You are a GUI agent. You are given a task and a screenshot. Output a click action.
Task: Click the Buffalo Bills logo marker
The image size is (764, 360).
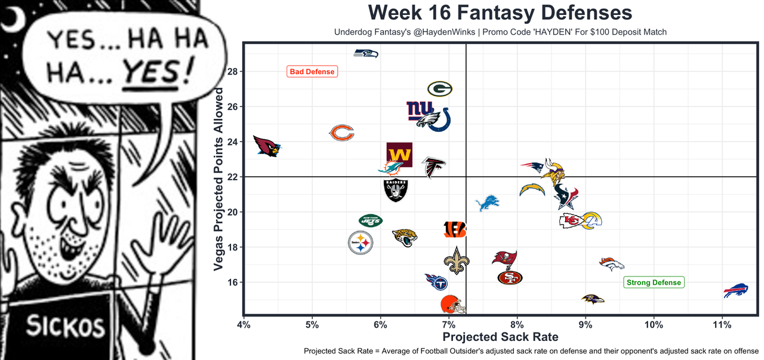tap(735, 291)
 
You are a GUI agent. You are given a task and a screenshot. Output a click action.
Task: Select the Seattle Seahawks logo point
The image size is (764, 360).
tap(365, 54)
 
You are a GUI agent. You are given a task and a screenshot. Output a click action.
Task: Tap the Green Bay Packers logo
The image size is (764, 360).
tap(439, 89)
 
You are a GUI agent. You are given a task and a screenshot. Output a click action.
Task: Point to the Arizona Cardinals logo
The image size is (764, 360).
tap(266, 145)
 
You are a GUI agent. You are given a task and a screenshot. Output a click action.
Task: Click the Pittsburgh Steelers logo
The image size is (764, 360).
tap(361, 243)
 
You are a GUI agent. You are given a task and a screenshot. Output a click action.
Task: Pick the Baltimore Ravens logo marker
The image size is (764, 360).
tap(592, 299)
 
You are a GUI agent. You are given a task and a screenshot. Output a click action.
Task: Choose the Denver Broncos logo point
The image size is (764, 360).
tap(612, 263)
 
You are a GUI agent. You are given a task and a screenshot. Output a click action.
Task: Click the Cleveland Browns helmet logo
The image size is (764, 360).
tap(452, 304)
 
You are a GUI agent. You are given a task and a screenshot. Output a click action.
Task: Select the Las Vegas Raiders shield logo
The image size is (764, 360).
tap(395, 190)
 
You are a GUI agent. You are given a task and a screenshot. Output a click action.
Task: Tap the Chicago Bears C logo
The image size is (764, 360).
tap(342, 133)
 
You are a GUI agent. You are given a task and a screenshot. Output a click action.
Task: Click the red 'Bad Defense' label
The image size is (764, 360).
tap(313, 72)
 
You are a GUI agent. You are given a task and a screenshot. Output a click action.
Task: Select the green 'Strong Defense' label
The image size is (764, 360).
tap(654, 282)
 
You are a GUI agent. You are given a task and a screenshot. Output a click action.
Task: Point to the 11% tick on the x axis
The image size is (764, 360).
tap(722, 325)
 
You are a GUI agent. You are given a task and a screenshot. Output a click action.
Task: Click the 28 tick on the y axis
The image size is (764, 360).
tap(233, 72)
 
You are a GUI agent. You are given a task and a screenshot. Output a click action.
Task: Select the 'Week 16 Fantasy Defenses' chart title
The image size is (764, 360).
tap(500, 13)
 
